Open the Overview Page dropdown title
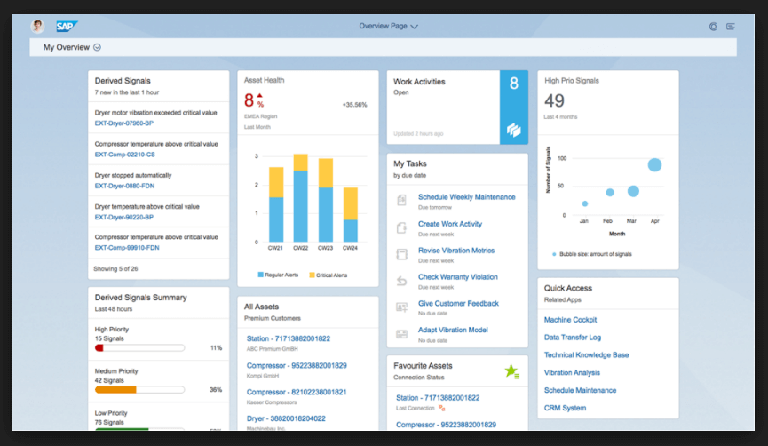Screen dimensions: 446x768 point(388,26)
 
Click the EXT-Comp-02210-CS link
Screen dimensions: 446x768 point(125,155)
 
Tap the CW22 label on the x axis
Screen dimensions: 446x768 point(300,248)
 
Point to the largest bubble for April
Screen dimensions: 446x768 point(654,164)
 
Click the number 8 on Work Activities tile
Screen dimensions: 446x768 point(513,84)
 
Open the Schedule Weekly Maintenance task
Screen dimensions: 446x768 point(466,197)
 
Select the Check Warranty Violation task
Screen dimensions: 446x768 point(457,277)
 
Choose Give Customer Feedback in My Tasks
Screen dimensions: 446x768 point(458,304)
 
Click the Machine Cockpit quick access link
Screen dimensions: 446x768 point(570,320)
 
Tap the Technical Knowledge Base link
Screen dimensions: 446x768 point(586,355)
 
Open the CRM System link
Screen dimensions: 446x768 point(565,409)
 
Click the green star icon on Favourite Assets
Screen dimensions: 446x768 point(511,370)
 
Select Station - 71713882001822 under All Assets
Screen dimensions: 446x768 point(288,338)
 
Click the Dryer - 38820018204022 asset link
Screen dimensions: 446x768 point(286,418)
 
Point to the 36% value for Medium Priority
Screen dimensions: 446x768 point(215,389)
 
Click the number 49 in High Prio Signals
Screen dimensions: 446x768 point(554,101)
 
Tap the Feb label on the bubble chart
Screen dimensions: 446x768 point(608,220)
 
